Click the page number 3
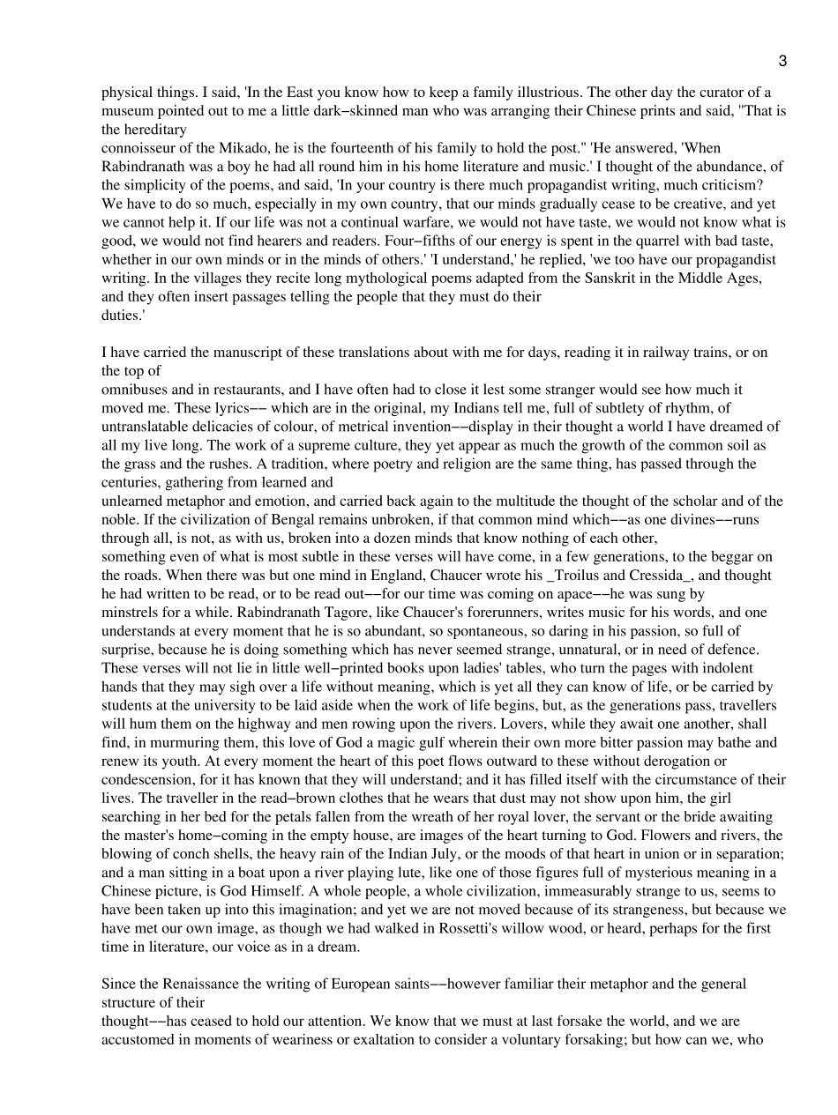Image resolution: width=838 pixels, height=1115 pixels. pos(782,61)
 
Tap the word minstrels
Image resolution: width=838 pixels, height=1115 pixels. pos(130,612)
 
